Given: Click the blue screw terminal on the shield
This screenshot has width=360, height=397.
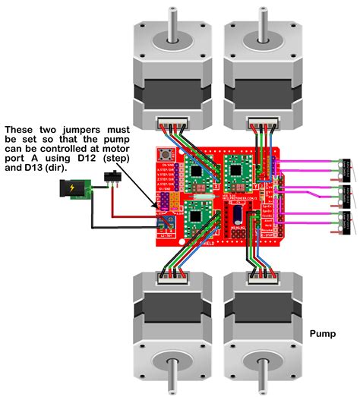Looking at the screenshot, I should pos(166,222).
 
